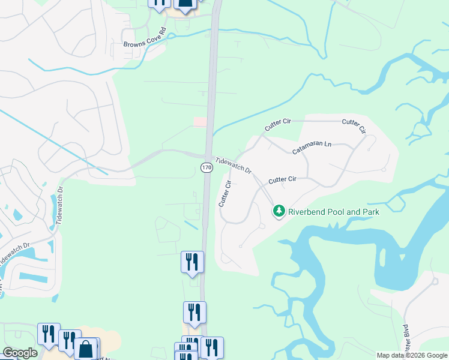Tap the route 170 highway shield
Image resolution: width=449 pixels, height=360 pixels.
tap(206, 168)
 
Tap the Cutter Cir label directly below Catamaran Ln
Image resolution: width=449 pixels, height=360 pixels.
tap(282, 179)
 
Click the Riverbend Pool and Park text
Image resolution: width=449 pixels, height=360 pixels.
tap(334, 211)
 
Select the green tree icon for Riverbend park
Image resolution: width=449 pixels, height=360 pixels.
tap(279, 211)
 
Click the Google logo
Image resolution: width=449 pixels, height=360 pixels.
tap(20, 353)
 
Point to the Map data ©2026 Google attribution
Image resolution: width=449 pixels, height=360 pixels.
tap(411, 355)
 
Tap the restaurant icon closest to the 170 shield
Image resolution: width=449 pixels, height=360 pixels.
tap(192, 262)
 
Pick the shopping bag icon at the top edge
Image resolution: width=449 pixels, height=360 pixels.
tap(185, 5)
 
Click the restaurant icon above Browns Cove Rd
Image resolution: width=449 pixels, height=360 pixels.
tap(159, 4)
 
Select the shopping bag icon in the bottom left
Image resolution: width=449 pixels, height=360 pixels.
tap(86, 348)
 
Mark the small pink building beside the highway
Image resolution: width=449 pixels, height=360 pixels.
tap(200, 122)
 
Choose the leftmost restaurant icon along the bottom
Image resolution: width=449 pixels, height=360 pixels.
tap(49, 334)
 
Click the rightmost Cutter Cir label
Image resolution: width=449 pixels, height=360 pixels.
tap(354, 126)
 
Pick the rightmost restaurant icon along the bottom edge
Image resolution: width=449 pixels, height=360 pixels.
tap(212, 347)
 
